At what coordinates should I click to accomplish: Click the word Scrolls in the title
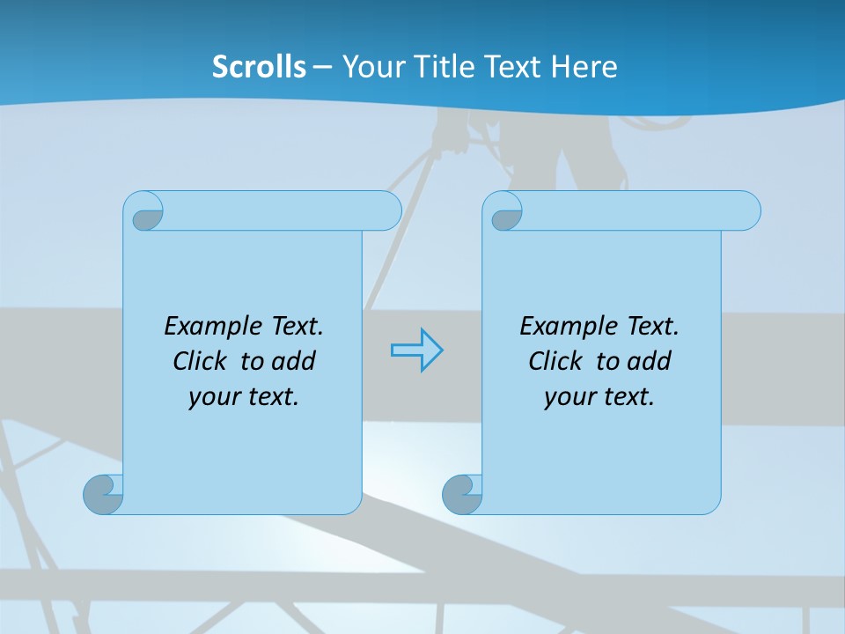259,67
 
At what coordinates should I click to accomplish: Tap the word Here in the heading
584,67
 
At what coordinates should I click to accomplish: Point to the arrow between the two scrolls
416,350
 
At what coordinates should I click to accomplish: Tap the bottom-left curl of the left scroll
104,495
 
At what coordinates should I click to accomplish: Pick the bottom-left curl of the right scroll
462,495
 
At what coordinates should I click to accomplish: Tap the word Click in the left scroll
199,361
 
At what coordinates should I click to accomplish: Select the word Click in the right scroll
555,361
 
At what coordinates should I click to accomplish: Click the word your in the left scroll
212,398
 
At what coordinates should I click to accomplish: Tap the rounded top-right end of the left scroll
386,211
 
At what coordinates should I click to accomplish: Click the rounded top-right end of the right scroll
745,211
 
